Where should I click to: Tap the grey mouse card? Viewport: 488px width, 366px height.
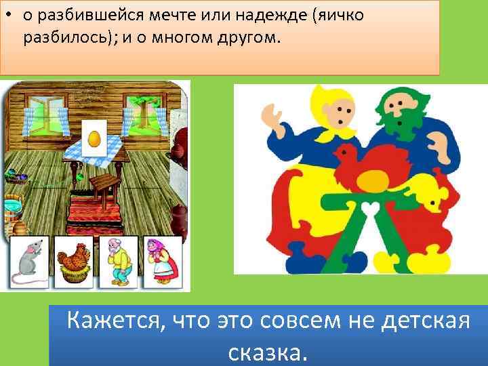click(28, 262)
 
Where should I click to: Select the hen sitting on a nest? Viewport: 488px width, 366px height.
click(74, 262)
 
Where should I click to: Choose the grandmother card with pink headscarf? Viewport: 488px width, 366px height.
click(162, 262)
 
